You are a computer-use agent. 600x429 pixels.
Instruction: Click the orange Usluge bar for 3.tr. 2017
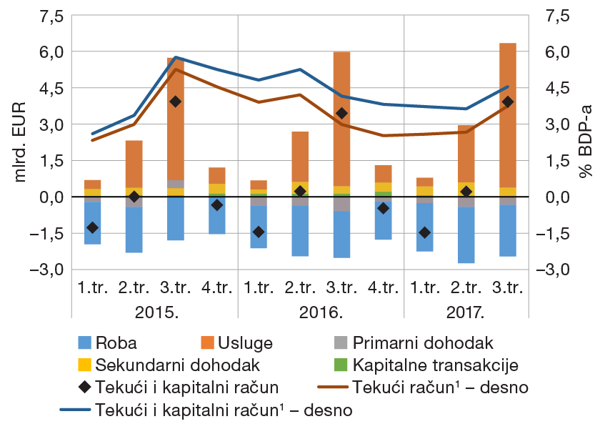tap(508, 143)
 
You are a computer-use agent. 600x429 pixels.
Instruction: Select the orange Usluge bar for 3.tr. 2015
tap(175, 143)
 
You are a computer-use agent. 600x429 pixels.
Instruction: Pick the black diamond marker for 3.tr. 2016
tap(341, 113)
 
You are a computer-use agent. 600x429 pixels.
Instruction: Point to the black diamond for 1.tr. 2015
tap(92, 227)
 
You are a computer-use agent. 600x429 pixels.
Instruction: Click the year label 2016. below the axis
tap(321, 312)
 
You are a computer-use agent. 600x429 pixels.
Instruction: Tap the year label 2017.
tap(466, 312)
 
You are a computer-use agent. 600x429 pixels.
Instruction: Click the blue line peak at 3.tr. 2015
tap(175, 57)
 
